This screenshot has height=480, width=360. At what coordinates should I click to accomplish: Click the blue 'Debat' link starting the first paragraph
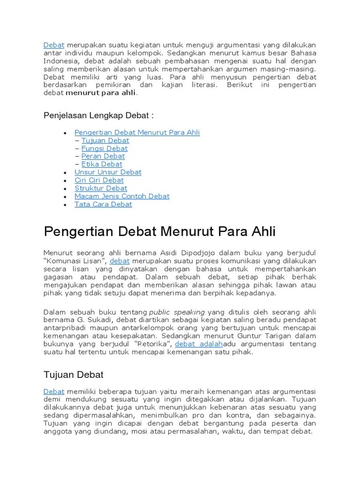point(53,45)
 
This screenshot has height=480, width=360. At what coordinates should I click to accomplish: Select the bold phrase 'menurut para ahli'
point(100,93)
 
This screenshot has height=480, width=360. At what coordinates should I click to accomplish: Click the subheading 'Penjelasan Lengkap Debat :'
point(98,115)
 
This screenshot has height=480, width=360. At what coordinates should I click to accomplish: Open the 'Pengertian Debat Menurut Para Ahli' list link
point(137,133)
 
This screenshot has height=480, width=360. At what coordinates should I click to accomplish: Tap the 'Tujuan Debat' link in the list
point(105,141)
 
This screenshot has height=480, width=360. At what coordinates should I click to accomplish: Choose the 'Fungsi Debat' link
point(104,149)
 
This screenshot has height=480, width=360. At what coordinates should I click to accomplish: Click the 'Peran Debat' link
point(103,156)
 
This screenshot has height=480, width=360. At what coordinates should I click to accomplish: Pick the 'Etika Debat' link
point(102,164)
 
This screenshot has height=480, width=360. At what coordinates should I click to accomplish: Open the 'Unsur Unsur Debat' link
point(108,172)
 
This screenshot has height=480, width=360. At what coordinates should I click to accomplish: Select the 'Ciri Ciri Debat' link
point(99,180)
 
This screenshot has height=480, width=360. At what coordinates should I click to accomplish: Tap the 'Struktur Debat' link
point(101,188)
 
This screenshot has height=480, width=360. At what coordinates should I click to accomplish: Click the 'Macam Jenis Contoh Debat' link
point(122,196)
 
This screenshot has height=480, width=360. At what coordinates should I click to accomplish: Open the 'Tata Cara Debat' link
point(103,204)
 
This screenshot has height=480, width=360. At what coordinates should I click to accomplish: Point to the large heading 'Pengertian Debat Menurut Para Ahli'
point(160,232)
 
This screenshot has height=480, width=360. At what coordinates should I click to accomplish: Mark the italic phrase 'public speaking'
point(177,312)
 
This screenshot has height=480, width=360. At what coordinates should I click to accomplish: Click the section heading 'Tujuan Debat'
point(74,375)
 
